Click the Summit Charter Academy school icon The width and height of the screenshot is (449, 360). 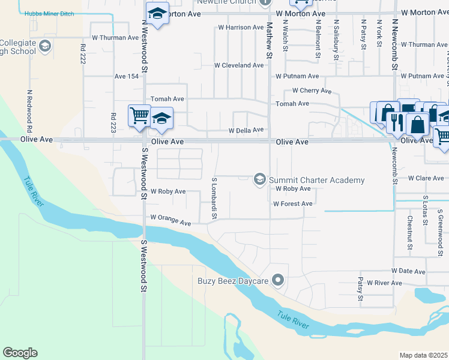pos(260,179)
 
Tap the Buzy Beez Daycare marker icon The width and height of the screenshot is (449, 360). pos(277,280)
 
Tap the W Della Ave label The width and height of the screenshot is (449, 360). pos(246,130)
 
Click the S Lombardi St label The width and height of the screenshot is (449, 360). pos(214,197)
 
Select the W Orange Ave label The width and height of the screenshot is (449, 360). pos(170,220)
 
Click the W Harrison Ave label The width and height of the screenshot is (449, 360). pos(241,28)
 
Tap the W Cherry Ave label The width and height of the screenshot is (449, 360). pos(312,91)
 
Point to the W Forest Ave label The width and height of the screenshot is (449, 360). pos(292,204)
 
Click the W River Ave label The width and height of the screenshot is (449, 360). pos(384,283)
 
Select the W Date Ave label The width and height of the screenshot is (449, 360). pos(408,271)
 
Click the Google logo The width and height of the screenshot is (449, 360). pos(20,353)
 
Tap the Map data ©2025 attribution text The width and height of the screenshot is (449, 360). pos(423,355)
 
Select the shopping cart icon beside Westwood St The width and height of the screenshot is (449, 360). pos(139,114)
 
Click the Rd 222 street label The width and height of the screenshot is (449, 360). pos(83,53)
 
